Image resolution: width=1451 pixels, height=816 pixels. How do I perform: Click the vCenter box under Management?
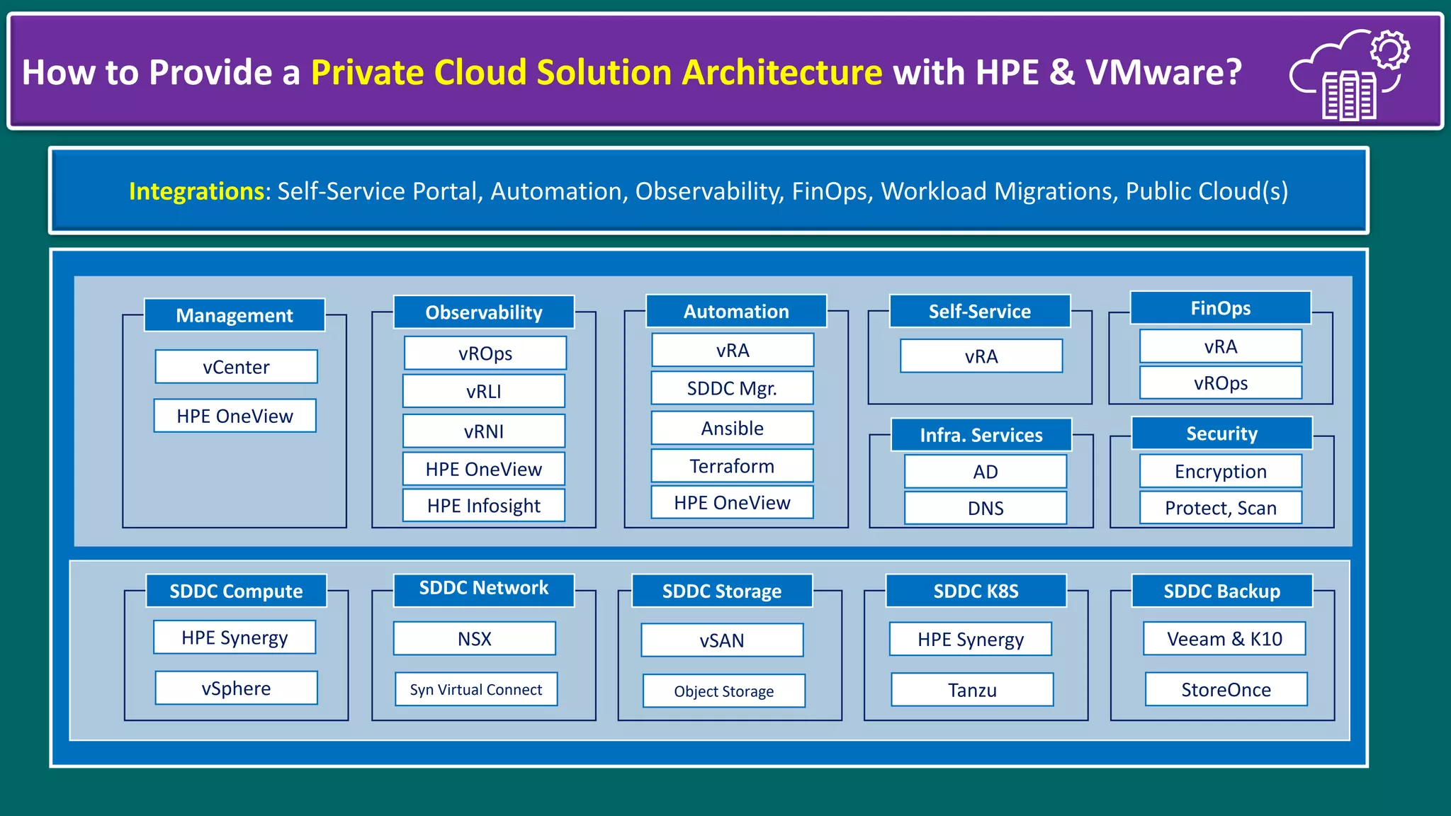236,367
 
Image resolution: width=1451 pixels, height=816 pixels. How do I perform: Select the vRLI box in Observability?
484,391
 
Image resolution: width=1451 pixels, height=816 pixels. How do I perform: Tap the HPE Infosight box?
484,506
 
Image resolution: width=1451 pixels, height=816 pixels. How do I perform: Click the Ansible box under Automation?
732,429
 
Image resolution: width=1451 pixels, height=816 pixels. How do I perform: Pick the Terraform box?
732,466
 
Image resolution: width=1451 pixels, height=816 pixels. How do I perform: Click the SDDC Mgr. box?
732,388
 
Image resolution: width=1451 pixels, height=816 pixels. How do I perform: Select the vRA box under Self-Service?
981,356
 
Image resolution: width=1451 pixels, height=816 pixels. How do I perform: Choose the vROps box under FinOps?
1220,383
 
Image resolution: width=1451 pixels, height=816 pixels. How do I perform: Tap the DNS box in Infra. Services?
986,508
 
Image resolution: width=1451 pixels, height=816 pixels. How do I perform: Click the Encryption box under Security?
1220,471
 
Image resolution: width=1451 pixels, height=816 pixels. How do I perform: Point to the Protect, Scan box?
1220,508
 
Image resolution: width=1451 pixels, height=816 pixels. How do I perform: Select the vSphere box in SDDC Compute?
236,688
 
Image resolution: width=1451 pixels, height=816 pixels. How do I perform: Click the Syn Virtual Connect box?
476,690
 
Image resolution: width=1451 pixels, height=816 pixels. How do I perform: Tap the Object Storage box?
723,691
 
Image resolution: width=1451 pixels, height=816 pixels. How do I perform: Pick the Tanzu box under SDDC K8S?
972,690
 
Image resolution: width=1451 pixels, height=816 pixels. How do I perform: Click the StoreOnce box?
1226,690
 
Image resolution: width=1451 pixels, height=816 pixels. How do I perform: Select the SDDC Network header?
483,589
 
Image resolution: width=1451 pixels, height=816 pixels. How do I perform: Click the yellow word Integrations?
196,191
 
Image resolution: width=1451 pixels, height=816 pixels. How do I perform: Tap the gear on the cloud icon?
1389,50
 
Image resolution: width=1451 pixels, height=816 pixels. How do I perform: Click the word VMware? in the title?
1163,73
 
